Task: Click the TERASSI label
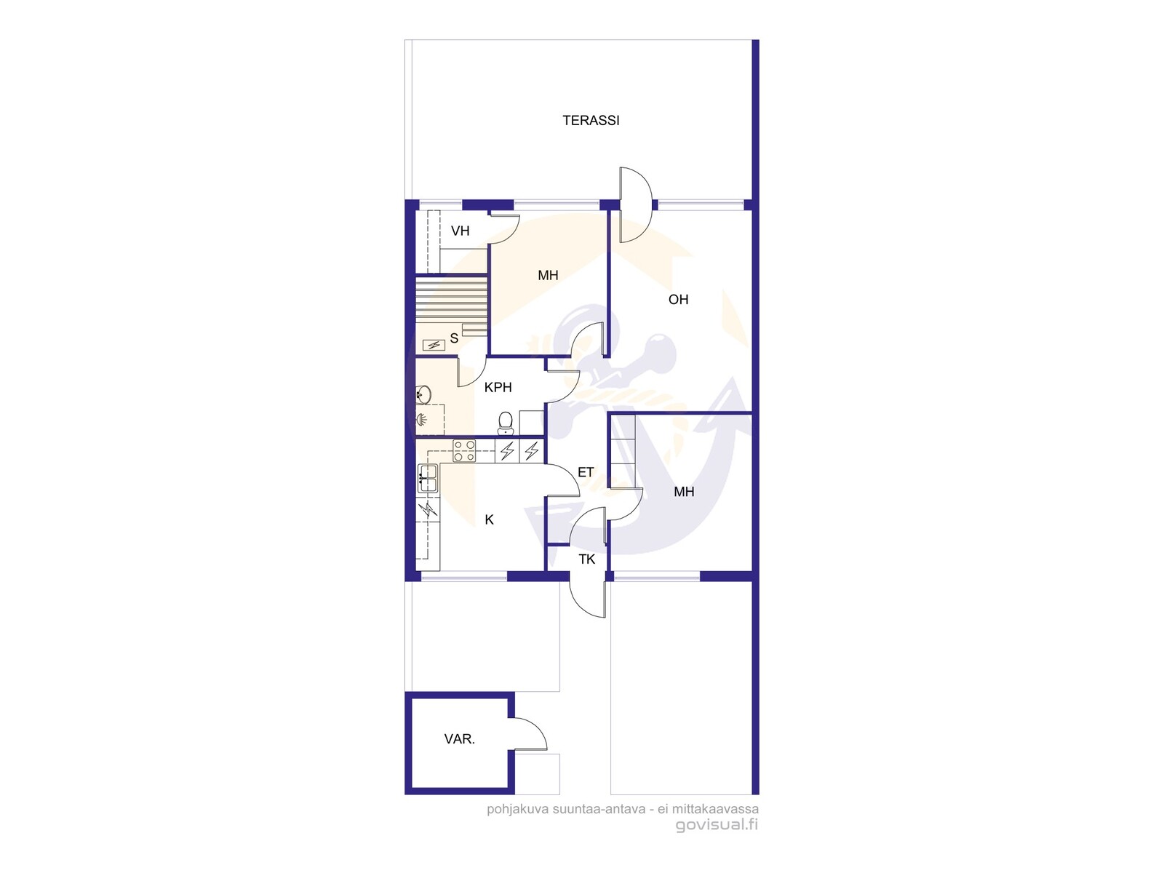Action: [x=591, y=121]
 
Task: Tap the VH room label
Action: [x=460, y=231]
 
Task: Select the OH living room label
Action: [x=678, y=300]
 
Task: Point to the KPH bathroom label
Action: [x=498, y=388]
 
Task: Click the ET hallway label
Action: [x=586, y=472]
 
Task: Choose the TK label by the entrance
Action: [x=586, y=559]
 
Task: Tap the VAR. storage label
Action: [x=459, y=739]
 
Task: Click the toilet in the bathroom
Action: [x=506, y=423]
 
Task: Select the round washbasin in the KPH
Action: [x=423, y=394]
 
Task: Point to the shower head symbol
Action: [x=421, y=420]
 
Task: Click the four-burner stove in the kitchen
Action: [x=464, y=451]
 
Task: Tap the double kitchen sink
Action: [x=428, y=479]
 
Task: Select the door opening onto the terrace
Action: [x=635, y=205]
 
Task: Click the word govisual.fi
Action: [x=717, y=825]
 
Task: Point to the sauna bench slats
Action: [x=451, y=300]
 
